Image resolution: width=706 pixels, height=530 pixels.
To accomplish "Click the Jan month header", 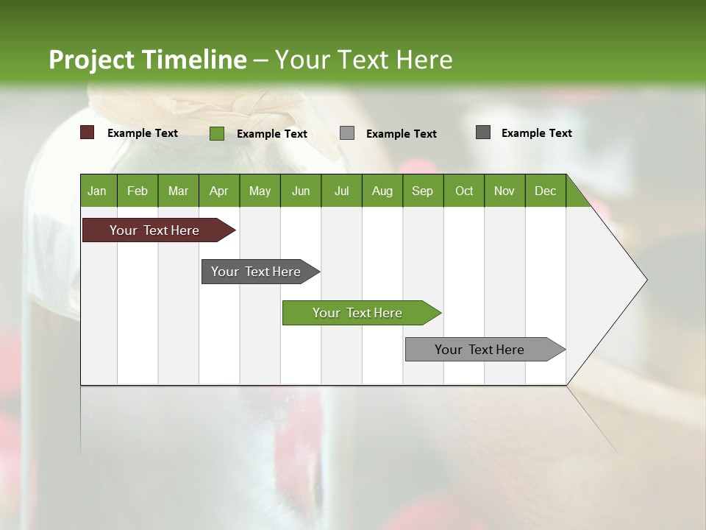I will pyautogui.click(x=98, y=191).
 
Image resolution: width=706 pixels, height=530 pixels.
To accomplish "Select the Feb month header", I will pyautogui.click(x=138, y=191).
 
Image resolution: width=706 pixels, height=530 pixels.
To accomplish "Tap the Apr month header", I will pyautogui.click(x=219, y=191).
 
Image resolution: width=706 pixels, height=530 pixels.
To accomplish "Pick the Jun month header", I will pyautogui.click(x=301, y=191).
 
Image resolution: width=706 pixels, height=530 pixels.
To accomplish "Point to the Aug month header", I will pyautogui.click(x=382, y=191).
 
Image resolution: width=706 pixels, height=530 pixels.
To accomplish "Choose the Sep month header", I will pyautogui.click(x=423, y=191).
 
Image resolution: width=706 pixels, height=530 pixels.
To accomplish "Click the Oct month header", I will pyautogui.click(x=464, y=191).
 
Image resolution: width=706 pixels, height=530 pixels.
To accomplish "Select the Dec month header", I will pyautogui.click(x=546, y=191).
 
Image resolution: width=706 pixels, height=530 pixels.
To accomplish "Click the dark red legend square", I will pyautogui.click(x=88, y=132).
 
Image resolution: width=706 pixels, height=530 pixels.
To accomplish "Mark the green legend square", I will pyautogui.click(x=217, y=133).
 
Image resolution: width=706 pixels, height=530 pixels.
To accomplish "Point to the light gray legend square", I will pyautogui.click(x=347, y=133).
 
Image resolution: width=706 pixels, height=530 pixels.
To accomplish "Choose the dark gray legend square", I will pyautogui.click(x=483, y=132).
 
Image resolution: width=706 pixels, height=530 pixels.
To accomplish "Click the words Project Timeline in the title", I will pyautogui.click(x=147, y=60).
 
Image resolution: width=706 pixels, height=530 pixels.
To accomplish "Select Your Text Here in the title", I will pyautogui.click(x=363, y=60).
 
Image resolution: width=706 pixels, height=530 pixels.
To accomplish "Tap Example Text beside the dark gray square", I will pyautogui.click(x=536, y=132).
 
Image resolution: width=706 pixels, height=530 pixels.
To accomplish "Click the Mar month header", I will pyautogui.click(x=179, y=191).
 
